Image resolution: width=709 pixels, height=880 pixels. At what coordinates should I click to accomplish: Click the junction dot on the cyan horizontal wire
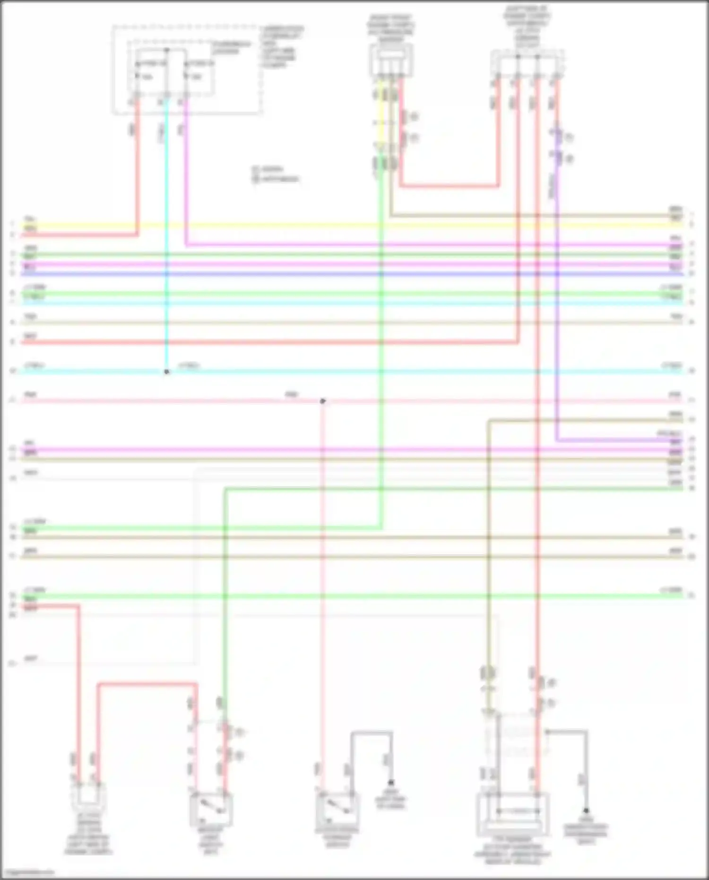pyautogui.click(x=166, y=372)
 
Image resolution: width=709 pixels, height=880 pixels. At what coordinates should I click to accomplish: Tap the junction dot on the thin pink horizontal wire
pyautogui.click(x=323, y=401)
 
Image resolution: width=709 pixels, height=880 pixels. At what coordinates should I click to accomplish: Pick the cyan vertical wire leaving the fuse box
pyautogui.click(x=166, y=236)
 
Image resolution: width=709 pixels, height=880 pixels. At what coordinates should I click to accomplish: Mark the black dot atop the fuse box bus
pyautogui.click(x=166, y=50)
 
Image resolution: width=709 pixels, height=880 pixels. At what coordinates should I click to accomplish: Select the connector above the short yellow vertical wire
pyautogui.click(x=390, y=60)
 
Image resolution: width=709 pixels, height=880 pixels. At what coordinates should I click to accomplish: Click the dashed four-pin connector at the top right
pyautogui.click(x=527, y=64)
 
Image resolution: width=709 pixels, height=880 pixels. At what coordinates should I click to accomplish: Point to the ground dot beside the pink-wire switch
pyautogui.click(x=391, y=783)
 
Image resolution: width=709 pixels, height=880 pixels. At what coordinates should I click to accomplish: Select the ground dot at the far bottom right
pyautogui.click(x=586, y=810)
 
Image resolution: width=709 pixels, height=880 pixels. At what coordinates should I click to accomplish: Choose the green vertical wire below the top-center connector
pyautogui.click(x=381, y=331)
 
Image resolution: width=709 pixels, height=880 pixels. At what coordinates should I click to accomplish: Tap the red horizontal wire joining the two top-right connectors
pyautogui.click(x=449, y=186)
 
